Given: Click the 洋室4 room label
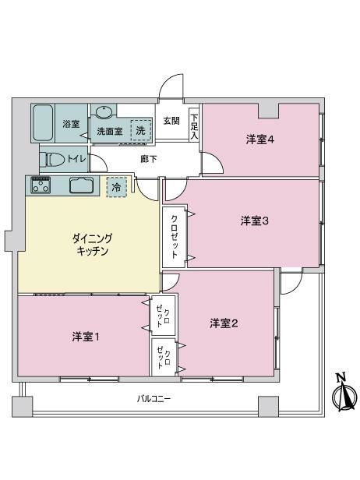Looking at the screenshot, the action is tap(260, 140).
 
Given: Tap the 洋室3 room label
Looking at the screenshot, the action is tap(254, 221).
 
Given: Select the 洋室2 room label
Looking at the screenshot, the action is tap(224, 323).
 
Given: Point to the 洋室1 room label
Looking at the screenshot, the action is tap(86, 337).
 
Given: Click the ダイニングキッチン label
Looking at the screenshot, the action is tap(93, 245).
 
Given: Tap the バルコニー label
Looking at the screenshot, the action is tap(154, 399).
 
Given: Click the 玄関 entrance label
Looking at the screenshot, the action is tap(171, 121).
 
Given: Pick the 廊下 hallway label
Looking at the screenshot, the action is tap(149, 159).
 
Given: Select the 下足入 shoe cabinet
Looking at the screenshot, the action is tap(194, 125).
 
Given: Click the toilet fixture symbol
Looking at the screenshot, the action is tap(55, 160).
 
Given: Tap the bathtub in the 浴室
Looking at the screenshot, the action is tap(43, 123).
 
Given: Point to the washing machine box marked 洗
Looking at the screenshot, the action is tap(140, 130).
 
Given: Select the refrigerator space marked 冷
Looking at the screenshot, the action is tap(116, 187).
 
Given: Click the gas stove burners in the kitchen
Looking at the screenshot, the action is tap(41, 185).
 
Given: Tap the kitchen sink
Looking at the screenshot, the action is tap(81, 185).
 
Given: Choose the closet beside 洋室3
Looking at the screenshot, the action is tap(174, 237).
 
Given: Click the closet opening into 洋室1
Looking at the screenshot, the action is tap(163, 316).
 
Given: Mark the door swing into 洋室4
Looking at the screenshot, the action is tap(212, 163).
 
